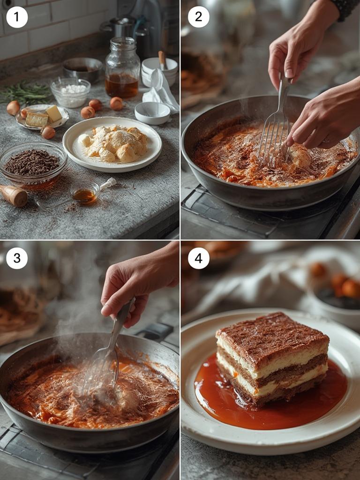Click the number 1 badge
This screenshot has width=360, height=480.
tap(17, 17)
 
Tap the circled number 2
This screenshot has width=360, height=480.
tap(198, 17)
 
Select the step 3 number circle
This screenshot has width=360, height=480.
tap(17, 258)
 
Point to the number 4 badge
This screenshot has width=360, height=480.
tap(198, 258)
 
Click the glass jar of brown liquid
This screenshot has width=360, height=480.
tap(122, 75)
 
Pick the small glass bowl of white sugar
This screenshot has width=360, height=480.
tap(71, 93)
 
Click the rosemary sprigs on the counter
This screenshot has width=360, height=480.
tap(26, 92)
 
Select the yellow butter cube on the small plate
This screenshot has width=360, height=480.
tap(53, 113)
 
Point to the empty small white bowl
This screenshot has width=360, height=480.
tap(152, 112)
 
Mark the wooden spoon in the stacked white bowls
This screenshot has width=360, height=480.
tap(162, 60)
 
